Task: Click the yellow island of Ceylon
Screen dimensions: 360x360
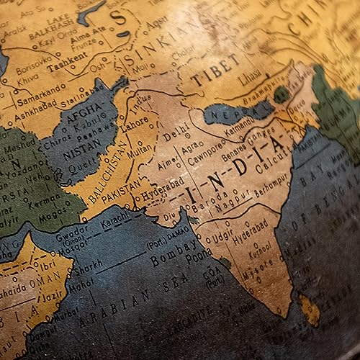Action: [310, 310]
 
